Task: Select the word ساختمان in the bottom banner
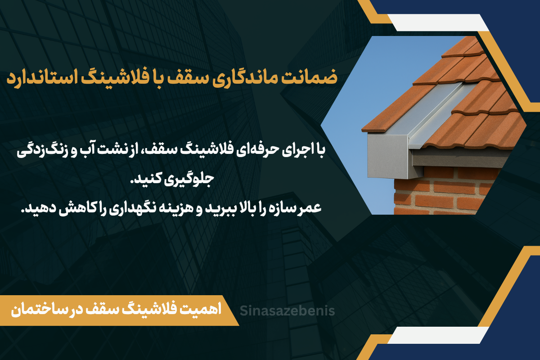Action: pos(34,310)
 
